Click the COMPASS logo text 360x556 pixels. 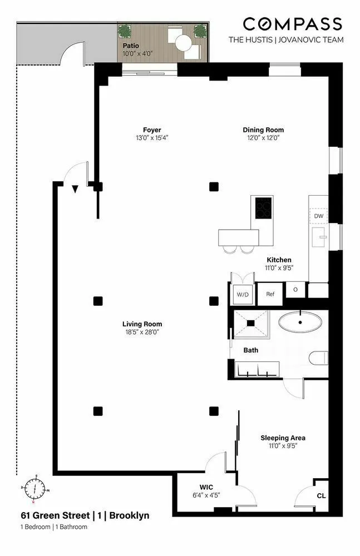coord(292,24)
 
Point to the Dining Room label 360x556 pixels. coord(260,130)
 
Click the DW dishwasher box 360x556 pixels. coord(318,216)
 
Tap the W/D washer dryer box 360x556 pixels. coord(243,294)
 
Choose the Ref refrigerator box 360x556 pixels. coord(270,294)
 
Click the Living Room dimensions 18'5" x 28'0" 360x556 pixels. coord(142,332)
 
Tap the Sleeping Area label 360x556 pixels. coord(283,438)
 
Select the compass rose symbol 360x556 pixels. coord(35,489)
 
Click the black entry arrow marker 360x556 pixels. coord(75,190)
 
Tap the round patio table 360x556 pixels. coord(183,42)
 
